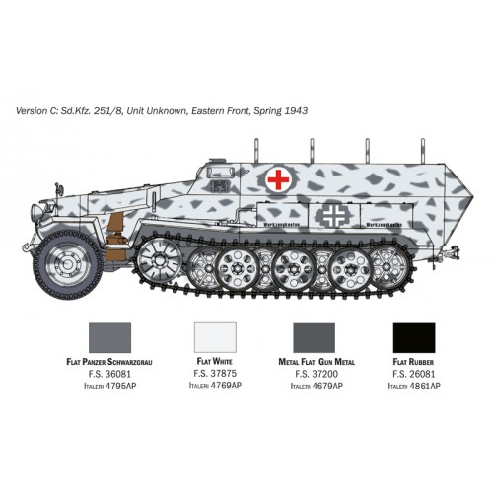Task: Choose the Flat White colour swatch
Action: point(220,338)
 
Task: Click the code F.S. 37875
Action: point(220,375)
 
